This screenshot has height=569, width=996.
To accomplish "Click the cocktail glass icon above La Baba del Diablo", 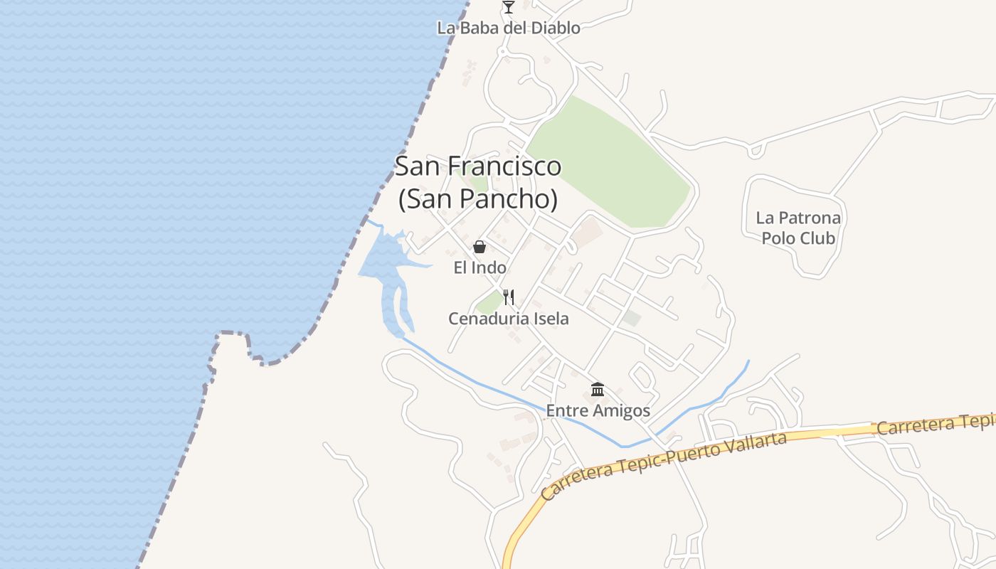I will pos(508,7).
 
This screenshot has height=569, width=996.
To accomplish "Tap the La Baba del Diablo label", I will pos(508,28).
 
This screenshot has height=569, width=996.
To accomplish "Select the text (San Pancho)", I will pos(477,199).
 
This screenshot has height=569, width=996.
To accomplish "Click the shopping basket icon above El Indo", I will pos(480,247).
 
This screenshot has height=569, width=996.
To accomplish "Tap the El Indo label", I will pos(480,268).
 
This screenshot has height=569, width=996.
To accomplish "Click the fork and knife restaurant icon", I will pos(509,297).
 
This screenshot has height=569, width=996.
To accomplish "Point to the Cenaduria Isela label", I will pos(508,319).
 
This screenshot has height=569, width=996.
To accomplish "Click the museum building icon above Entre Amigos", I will pos(598,390).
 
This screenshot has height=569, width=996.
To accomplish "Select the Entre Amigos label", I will pos(598,411).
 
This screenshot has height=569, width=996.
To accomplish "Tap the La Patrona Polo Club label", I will pos(798,228).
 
